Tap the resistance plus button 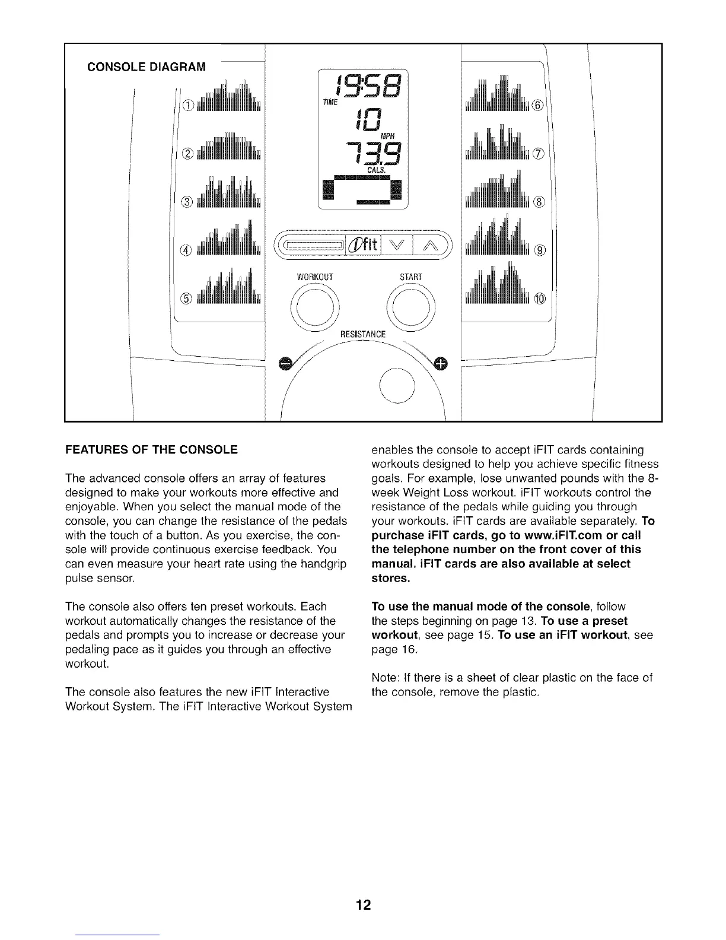(x=441, y=363)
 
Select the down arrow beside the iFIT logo (x=397, y=244)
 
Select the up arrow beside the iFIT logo (x=428, y=244)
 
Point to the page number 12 (x=363, y=888)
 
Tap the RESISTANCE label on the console (x=362, y=335)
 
